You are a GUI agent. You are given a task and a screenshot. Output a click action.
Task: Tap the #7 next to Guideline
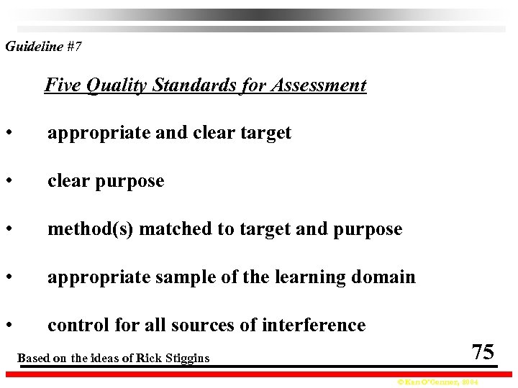[74, 47]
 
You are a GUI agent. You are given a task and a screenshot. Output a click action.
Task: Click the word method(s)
[91, 229]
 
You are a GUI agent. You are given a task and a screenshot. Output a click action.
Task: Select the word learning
[310, 277]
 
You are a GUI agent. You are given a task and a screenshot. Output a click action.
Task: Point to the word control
[76, 325]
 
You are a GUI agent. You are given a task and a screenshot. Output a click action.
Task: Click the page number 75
[483, 352]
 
